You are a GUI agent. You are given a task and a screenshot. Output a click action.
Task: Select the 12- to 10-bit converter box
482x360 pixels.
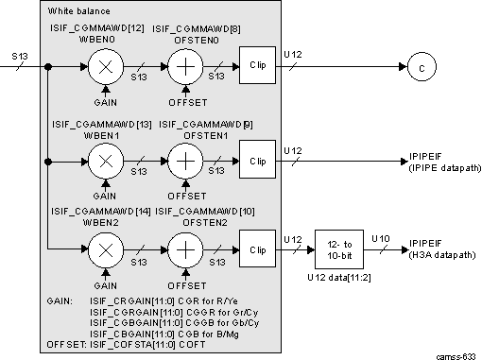pyautogui.click(x=338, y=249)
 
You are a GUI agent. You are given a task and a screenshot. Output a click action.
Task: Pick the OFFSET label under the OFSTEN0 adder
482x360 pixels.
pyautogui.click(x=187, y=102)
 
